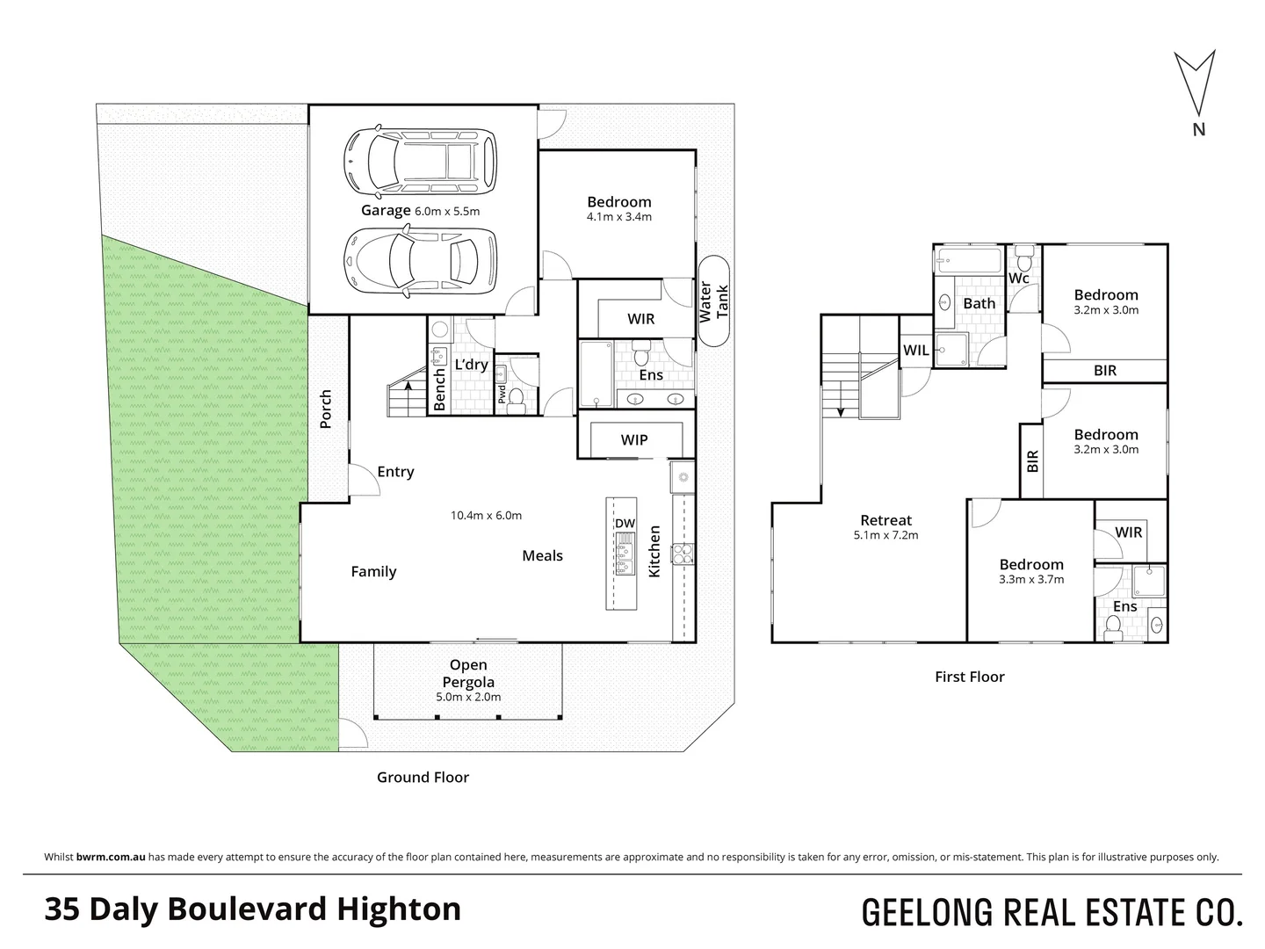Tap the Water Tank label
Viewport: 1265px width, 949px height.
coord(714,301)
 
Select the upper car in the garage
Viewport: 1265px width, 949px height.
coord(418,162)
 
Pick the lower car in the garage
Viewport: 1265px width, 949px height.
coord(418,260)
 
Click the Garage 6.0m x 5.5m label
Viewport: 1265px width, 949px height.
coord(420,211)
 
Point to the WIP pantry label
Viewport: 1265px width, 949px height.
coord(634,440)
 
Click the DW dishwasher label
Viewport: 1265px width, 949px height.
coord(625,524)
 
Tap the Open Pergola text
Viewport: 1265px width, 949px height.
coord(468,674)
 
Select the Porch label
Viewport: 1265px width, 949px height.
coord(326,409)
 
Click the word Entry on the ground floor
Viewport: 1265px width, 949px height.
coord(395,472)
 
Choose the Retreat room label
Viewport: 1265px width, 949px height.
coord(885,520)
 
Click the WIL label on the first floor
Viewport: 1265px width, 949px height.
coord(916,351)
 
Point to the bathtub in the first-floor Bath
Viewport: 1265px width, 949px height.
coord(970,261)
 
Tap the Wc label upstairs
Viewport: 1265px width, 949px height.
coord(1019,279)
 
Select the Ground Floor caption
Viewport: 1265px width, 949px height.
coord(423,778)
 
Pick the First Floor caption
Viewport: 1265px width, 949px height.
coord(969,677)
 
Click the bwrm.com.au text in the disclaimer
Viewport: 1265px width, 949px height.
coord(111,857)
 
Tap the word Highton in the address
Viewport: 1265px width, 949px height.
coord(401,909)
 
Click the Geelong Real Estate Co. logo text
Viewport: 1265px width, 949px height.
coord(1052,912)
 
